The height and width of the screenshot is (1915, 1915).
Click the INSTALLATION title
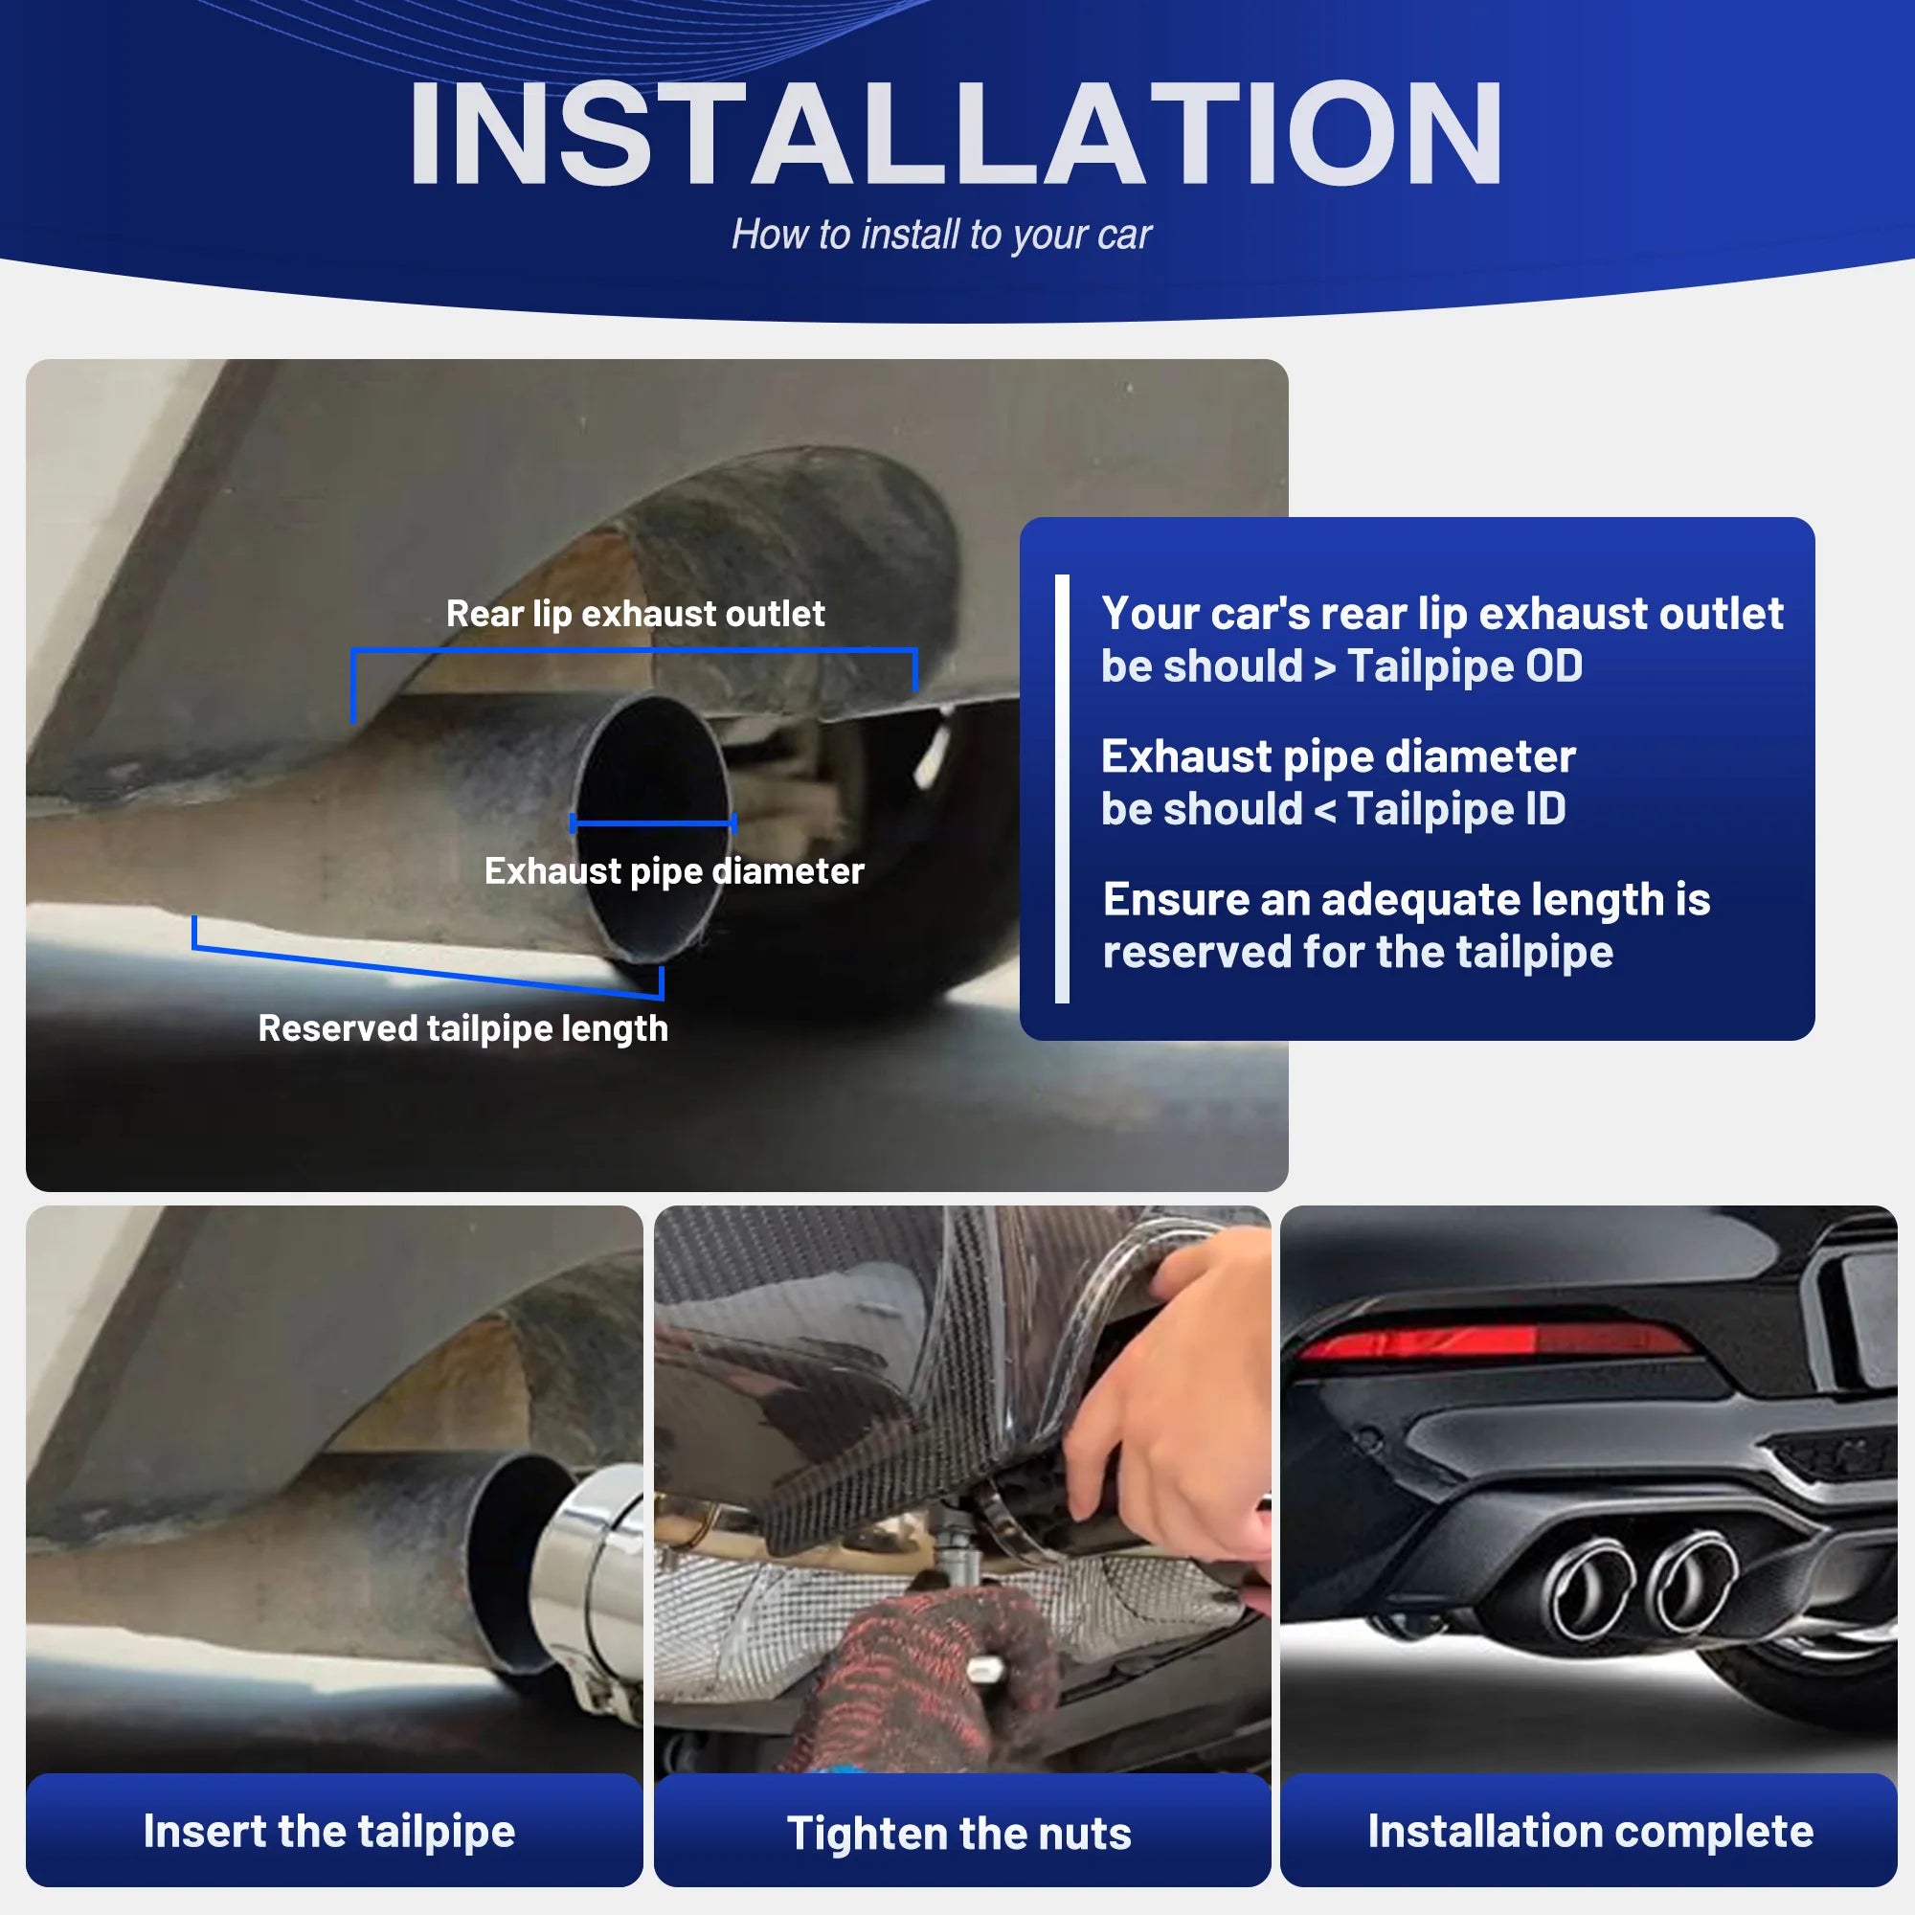(956, 134)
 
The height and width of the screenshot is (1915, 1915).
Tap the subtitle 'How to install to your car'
(940, 235)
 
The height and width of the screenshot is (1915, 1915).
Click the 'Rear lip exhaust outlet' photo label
(635, 614)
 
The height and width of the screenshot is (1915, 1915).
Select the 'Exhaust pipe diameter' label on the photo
(674, 870)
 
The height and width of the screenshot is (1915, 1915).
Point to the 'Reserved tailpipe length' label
(462, 1027)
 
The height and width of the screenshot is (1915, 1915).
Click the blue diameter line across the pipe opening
(652, 822)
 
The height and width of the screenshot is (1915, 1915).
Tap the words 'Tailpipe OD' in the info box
(1465, 666)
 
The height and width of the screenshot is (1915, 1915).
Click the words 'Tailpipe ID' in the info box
(1456, 809)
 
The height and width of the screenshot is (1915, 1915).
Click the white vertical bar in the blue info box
(1063, 789)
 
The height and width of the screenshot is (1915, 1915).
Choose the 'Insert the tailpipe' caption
(329, 1831)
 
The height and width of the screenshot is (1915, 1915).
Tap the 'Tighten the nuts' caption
(958, 1833)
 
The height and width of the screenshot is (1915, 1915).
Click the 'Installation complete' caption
(1589, 1831)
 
